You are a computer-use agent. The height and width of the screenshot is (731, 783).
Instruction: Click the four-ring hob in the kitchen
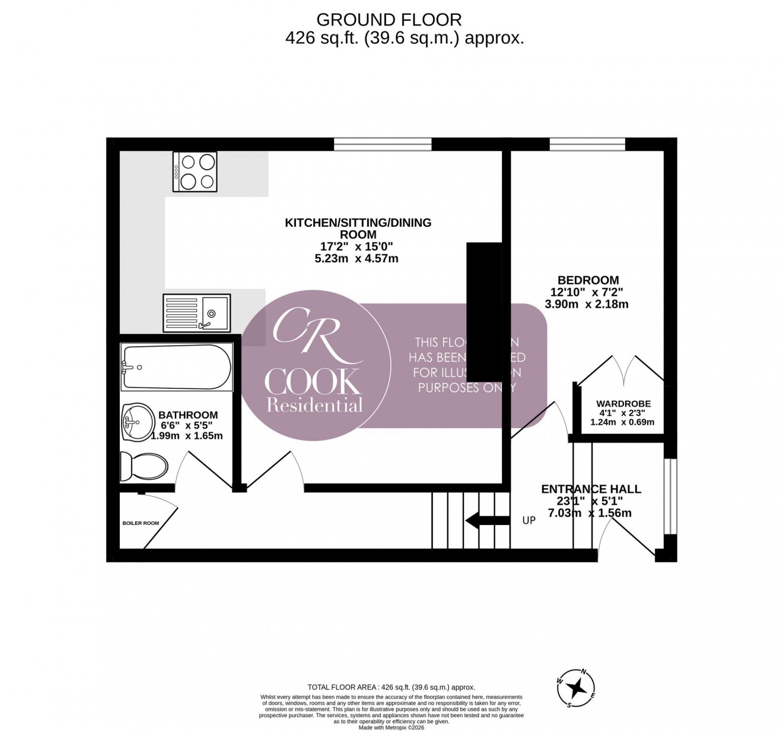tap(195, 172)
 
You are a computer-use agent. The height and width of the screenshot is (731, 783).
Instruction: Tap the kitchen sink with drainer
tap(196, 312)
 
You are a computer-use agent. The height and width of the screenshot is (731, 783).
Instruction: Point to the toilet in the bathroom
tap(144, 465)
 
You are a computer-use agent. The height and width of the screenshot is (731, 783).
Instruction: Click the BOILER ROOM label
tap(141, 523)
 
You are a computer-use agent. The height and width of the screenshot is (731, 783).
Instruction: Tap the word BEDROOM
tap(587, 280)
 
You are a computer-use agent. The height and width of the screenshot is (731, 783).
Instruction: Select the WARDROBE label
tap(623, 404)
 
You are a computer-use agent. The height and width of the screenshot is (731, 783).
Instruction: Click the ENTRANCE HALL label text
tap(591, 489)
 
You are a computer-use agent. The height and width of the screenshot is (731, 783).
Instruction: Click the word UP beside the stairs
tap(529, 520)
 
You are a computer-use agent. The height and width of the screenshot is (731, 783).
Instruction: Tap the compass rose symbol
tap(576, 688)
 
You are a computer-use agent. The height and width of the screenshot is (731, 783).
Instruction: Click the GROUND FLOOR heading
tap(389, 20)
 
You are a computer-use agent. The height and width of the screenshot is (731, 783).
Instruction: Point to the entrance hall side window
tap(670, 496)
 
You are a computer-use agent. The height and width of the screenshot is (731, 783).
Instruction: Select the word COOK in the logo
tap(313, 382)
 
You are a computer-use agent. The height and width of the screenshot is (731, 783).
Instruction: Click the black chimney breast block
tap(485, 311)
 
